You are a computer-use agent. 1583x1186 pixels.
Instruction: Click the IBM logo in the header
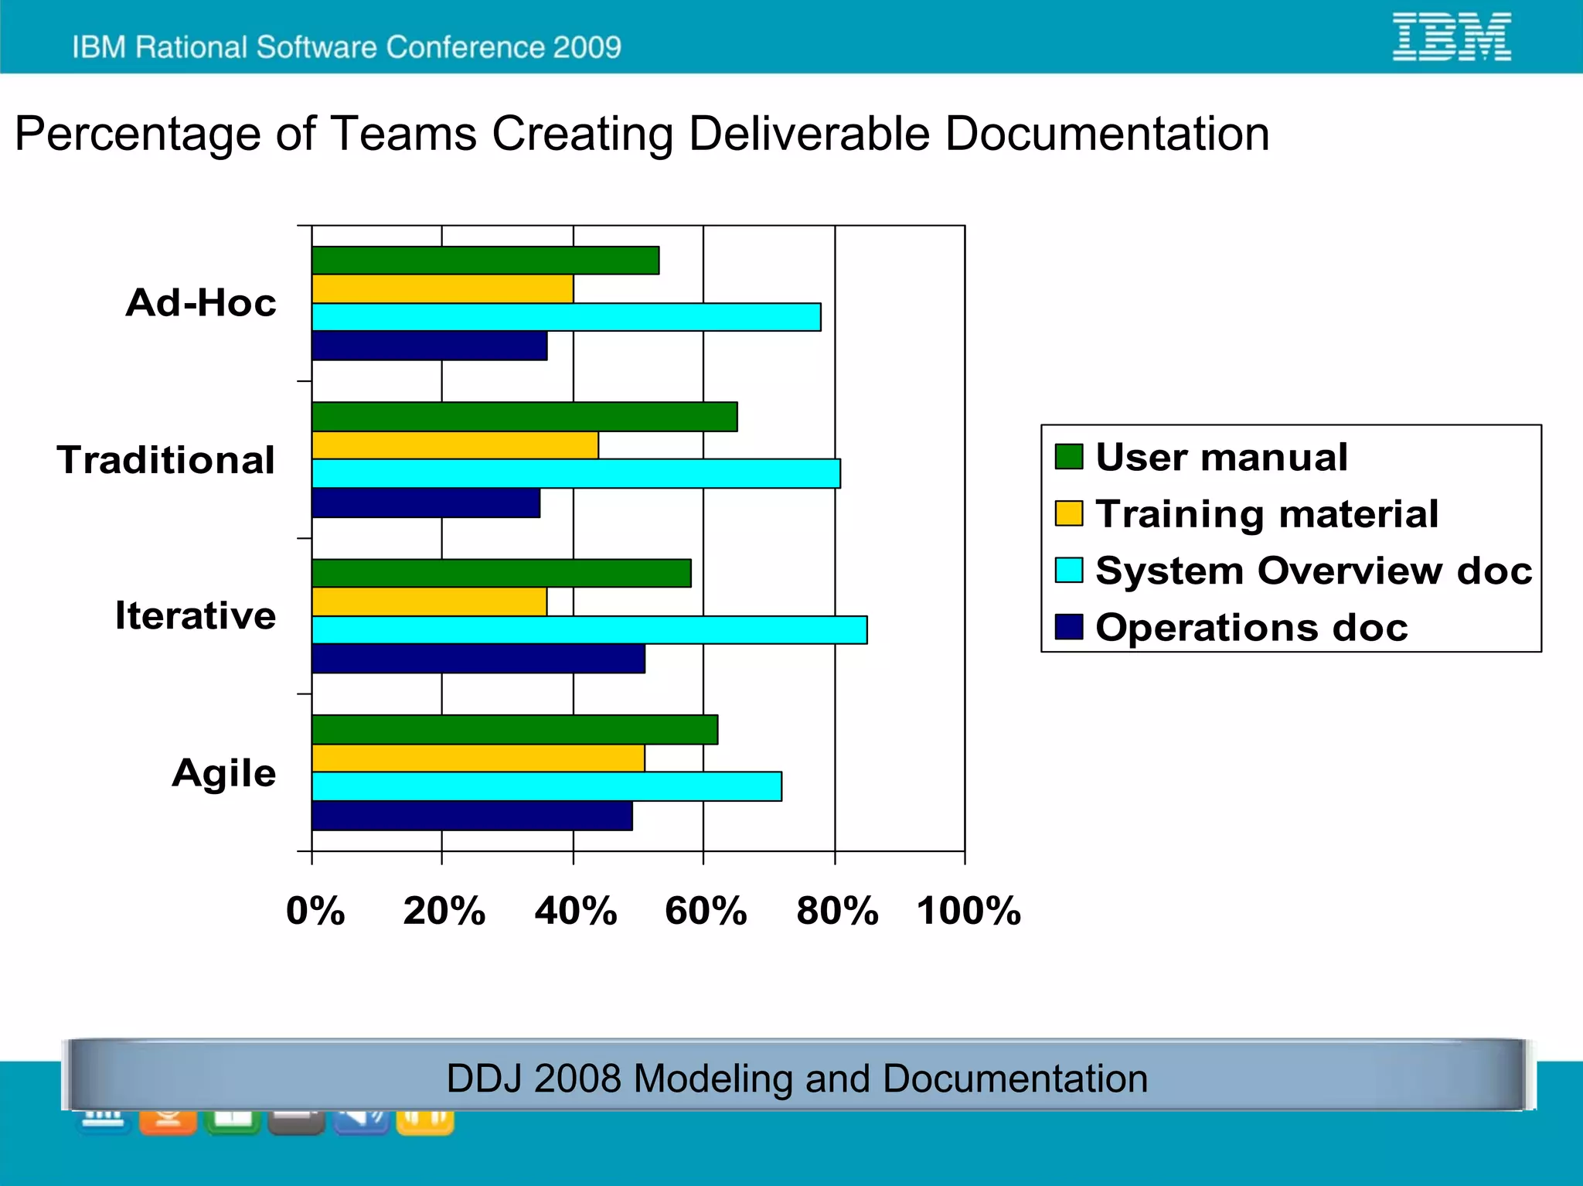click(x=1451, y=36)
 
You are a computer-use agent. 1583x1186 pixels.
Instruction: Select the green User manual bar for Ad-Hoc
click(x=485, y=261)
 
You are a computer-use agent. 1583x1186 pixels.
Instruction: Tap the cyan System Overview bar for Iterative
click(x=589, y=630)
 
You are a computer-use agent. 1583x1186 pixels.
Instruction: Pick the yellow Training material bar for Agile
click(x=478, y=758)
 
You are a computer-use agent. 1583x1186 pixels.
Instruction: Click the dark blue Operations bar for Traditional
click(x=426, y=503)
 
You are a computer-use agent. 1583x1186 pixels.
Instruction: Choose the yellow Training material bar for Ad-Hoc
click(x=442, y=289)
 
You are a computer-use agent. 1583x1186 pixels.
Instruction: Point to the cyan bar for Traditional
click(x=576, y=474)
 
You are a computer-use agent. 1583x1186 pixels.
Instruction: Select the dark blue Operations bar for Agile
click(x=471, y=816)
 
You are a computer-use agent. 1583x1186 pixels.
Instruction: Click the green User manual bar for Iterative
click(x=501, y=574)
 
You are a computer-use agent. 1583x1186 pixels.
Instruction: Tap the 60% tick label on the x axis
click(x=706, y=911)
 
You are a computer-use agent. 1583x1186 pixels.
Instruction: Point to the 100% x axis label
click(x=969, y=911)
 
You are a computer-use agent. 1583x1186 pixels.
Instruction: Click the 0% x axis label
click(x=315, y=911)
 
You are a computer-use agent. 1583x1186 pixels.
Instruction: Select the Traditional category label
click(x=166, y=460)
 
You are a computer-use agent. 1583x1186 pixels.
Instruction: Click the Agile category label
click(x=224, y=772)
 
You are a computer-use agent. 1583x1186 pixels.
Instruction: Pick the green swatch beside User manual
click(x=1069, y=456)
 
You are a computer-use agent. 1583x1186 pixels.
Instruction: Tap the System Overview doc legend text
click(x=1313, y=571)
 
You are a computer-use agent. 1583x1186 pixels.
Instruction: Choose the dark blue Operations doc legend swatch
click(x=1069, y=627)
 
